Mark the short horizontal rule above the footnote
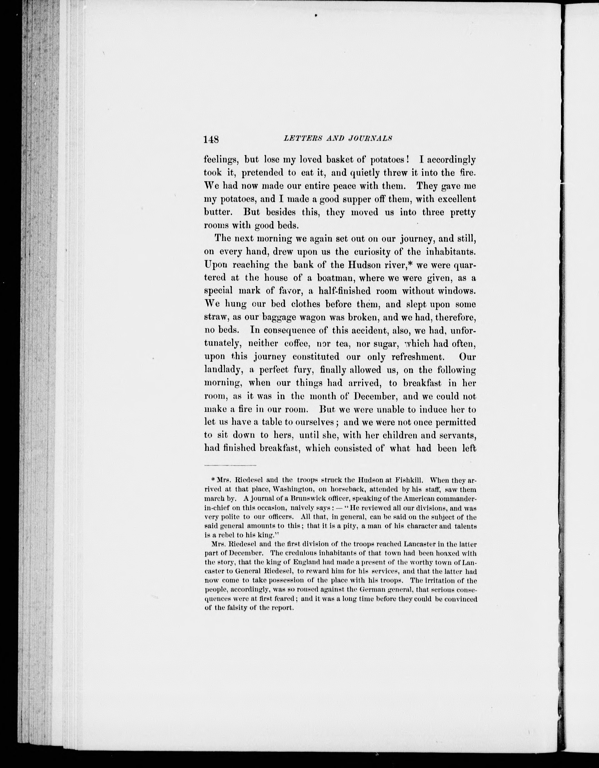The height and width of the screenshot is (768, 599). pyautogui.click(x=230, y=466)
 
